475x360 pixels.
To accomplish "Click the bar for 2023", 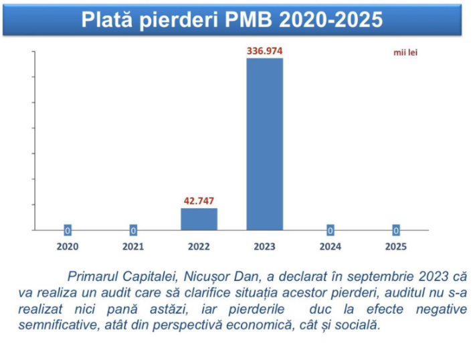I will pos(265,144).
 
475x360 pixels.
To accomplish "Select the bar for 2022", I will pos(199,219).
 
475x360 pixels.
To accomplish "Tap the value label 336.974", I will pos(265,50).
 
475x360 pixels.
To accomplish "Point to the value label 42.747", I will pos(199,200).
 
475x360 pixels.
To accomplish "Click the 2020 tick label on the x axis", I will pos(67,246).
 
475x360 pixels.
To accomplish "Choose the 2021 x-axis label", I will pos(133,246).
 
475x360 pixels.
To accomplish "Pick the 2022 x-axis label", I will pos(199,246).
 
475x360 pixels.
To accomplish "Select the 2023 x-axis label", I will pos(265,246).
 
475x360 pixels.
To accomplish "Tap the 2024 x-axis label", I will pos(330,246).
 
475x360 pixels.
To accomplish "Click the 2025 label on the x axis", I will pos(396,246).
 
